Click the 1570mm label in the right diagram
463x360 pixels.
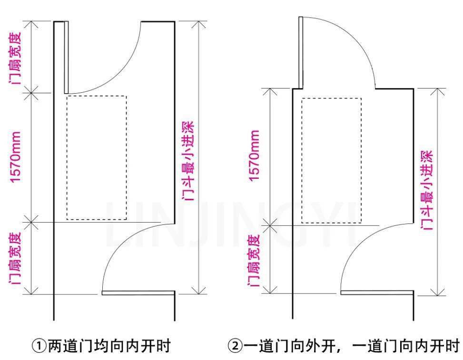255,156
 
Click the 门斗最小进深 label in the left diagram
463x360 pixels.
189,161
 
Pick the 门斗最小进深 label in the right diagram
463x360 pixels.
427,190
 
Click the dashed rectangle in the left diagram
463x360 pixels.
97,157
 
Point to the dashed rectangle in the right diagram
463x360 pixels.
332,160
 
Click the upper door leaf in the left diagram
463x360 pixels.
66,58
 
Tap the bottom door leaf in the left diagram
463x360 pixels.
138,292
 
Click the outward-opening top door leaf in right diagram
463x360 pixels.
301,52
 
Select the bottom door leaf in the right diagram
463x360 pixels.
376,292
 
